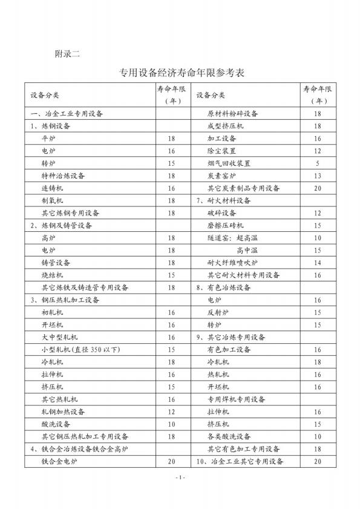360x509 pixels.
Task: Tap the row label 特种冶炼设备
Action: (64, 176)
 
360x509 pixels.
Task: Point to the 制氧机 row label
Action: (52, 200)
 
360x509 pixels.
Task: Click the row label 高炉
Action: (48, 238)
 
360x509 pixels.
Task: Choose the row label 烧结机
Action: (52, 275)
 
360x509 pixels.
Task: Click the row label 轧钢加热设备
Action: (64, 412)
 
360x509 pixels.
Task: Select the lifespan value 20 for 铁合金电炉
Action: (172, 462)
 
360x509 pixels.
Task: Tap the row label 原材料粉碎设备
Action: (233, 114)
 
